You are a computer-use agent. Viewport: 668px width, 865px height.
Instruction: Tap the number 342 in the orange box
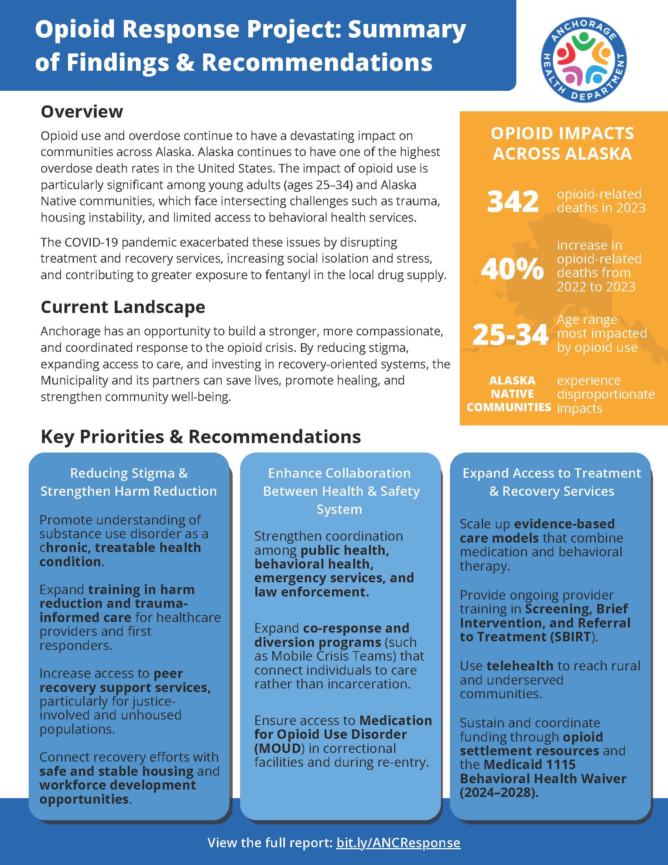512,201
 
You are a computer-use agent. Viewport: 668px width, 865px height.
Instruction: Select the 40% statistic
512,269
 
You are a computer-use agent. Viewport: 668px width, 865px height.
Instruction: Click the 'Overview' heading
82,112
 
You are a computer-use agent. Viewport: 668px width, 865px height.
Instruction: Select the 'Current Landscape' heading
123,307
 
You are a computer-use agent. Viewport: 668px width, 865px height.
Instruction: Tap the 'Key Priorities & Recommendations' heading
201,437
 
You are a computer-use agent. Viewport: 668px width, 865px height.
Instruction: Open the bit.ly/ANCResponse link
398,843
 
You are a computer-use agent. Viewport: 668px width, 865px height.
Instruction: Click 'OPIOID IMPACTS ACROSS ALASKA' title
562,144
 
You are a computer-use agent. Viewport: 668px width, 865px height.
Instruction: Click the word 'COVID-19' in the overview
92,242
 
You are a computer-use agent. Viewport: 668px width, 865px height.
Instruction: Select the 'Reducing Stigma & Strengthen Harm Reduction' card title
128,482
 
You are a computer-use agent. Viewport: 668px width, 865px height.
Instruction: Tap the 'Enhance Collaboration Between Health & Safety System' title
340,491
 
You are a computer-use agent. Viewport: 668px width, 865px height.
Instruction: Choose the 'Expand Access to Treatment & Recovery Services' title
552,482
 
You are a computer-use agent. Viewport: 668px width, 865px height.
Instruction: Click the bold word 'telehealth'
519,666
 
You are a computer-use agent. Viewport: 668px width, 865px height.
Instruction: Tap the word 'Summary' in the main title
407,30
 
